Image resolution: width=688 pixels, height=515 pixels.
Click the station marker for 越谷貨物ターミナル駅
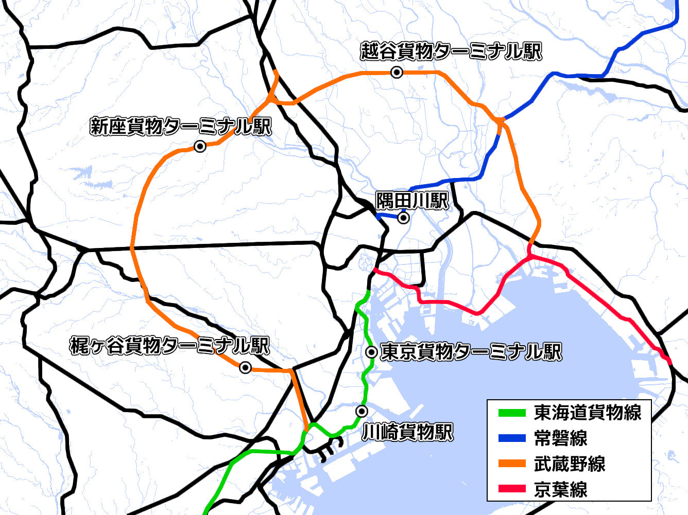click(397, 73)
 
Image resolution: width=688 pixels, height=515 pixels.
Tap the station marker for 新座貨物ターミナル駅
click(200, 147)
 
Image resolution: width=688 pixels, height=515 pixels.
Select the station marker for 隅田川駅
click(404, 218)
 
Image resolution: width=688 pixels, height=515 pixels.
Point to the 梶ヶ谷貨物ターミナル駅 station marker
click(246, 367)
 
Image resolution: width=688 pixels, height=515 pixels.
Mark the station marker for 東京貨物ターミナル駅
click(371, 352)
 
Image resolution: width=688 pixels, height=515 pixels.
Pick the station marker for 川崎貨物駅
click(362, 411)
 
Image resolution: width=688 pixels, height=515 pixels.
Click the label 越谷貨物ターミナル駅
click(451, 51)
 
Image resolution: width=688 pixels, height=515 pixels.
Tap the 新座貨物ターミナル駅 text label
click(181, 126)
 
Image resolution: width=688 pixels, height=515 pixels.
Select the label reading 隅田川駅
click(412, 201)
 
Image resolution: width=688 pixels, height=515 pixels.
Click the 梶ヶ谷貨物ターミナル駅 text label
click(170, 346)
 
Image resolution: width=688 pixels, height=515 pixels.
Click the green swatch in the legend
click(512, 413)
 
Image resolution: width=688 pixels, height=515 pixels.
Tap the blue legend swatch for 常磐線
click(512, 438)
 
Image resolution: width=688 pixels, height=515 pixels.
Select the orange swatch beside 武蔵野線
click(512, 464)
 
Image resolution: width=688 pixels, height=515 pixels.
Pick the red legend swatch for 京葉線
click(512, 489)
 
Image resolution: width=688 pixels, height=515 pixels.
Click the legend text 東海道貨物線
click(588, 413)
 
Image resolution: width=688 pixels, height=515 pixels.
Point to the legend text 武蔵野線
click(570, 464)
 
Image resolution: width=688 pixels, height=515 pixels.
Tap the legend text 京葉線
click(561, 489)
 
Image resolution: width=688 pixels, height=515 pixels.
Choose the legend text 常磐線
click(561, 438)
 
